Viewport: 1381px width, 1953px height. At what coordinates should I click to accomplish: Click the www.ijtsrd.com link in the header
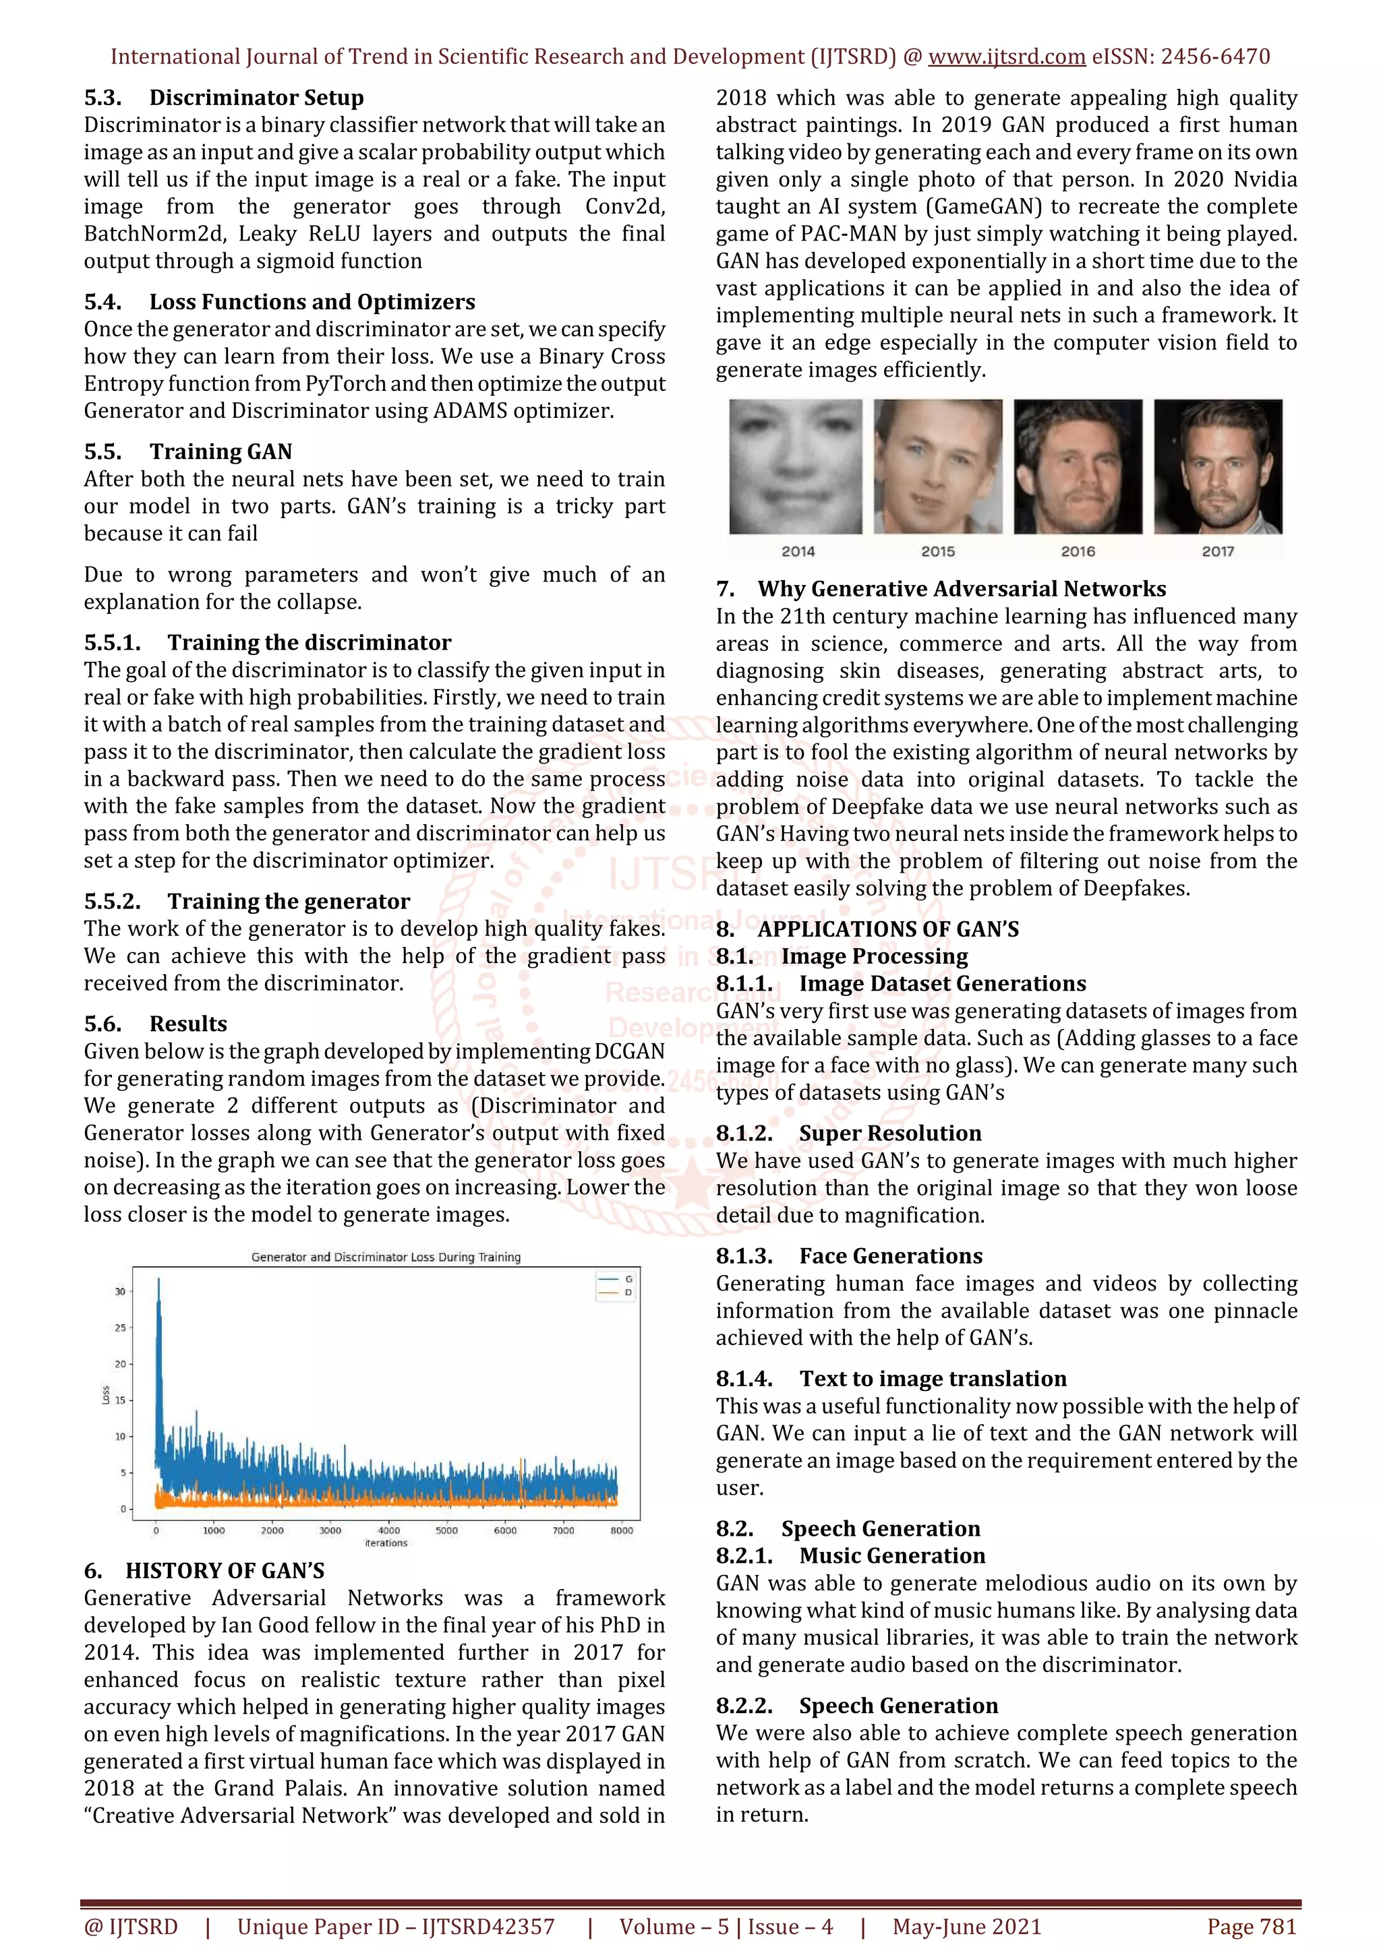click(x=1006, y=57)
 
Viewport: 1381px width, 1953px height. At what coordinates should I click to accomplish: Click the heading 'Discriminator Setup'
click(x=256, y=98)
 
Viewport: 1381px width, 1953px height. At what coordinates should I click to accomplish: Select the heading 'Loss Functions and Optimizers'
click(x=312, y=302)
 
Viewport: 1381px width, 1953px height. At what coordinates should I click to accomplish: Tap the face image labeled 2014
click(x=795, y=467)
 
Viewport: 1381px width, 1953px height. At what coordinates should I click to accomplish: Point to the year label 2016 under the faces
click(x=1078, y=552)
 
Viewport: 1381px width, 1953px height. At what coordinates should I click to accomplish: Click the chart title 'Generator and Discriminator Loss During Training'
click(x=386, y=1258)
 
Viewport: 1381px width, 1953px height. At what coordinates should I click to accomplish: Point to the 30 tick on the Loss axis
click(x=120, y=1291)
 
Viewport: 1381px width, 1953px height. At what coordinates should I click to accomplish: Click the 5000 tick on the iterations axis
click(x=446, y=1531)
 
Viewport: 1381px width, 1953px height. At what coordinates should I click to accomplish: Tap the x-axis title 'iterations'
click(x=386, y=1543)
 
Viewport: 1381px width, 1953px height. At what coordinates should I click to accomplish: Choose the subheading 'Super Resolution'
click(x=889, y=1134)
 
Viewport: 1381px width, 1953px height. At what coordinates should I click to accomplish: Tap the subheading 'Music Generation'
click(x=891, y=1556)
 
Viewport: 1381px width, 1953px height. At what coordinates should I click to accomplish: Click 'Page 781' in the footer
click(x=1251, y=1927)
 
